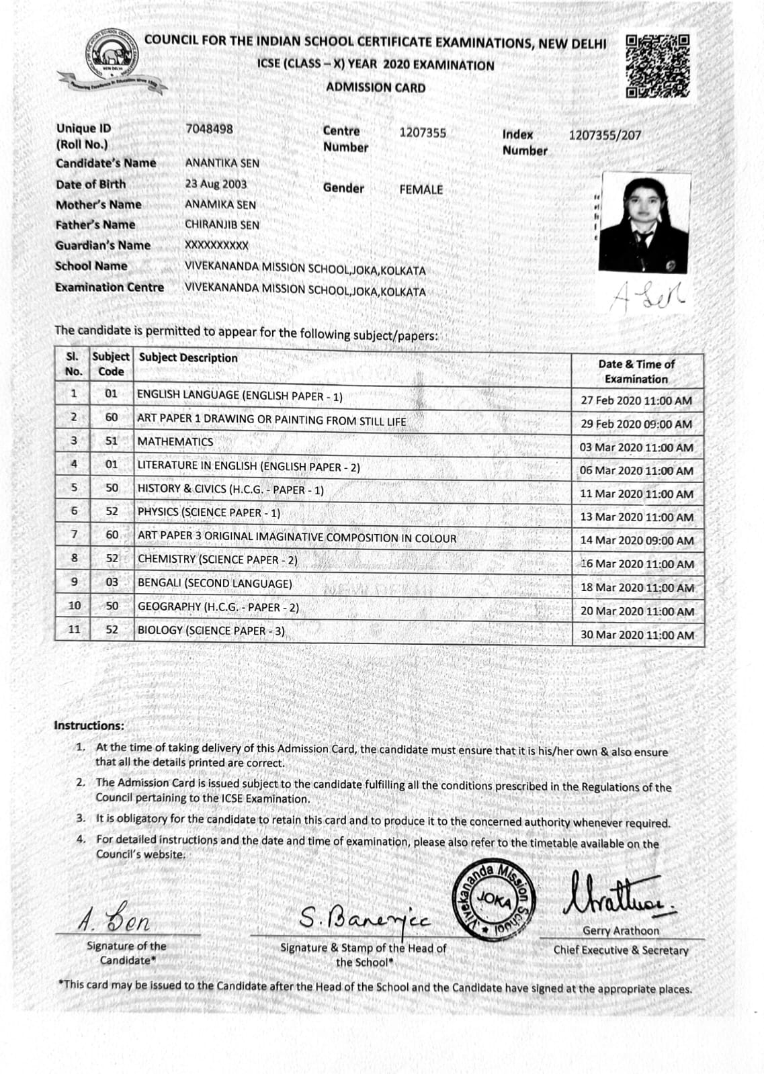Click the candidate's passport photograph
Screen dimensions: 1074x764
[x=644, y=223]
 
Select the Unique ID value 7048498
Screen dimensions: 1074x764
[x=209, y=128]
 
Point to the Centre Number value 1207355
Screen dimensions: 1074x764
[x=422, y=133]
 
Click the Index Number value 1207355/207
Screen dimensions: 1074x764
[x=605, y=135]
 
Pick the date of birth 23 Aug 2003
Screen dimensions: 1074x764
[x=216, y=184]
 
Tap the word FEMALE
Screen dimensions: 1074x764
[x=421, y=189]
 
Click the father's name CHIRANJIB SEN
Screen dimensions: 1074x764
[x=222, y=225]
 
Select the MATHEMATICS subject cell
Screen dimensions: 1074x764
[x=175, y=442]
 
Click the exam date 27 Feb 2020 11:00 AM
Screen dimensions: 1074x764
[x=636, y=400]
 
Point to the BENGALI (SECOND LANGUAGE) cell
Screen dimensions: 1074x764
[x=215, y=583]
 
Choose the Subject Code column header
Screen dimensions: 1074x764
[x=111, y=364]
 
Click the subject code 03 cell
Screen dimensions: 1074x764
[x=112, y=582]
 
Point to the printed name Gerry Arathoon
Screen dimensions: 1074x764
[x=620, y=931]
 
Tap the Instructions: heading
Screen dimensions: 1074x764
[x=89, y=725]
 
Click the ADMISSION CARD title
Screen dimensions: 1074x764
[x=376, y=87]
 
